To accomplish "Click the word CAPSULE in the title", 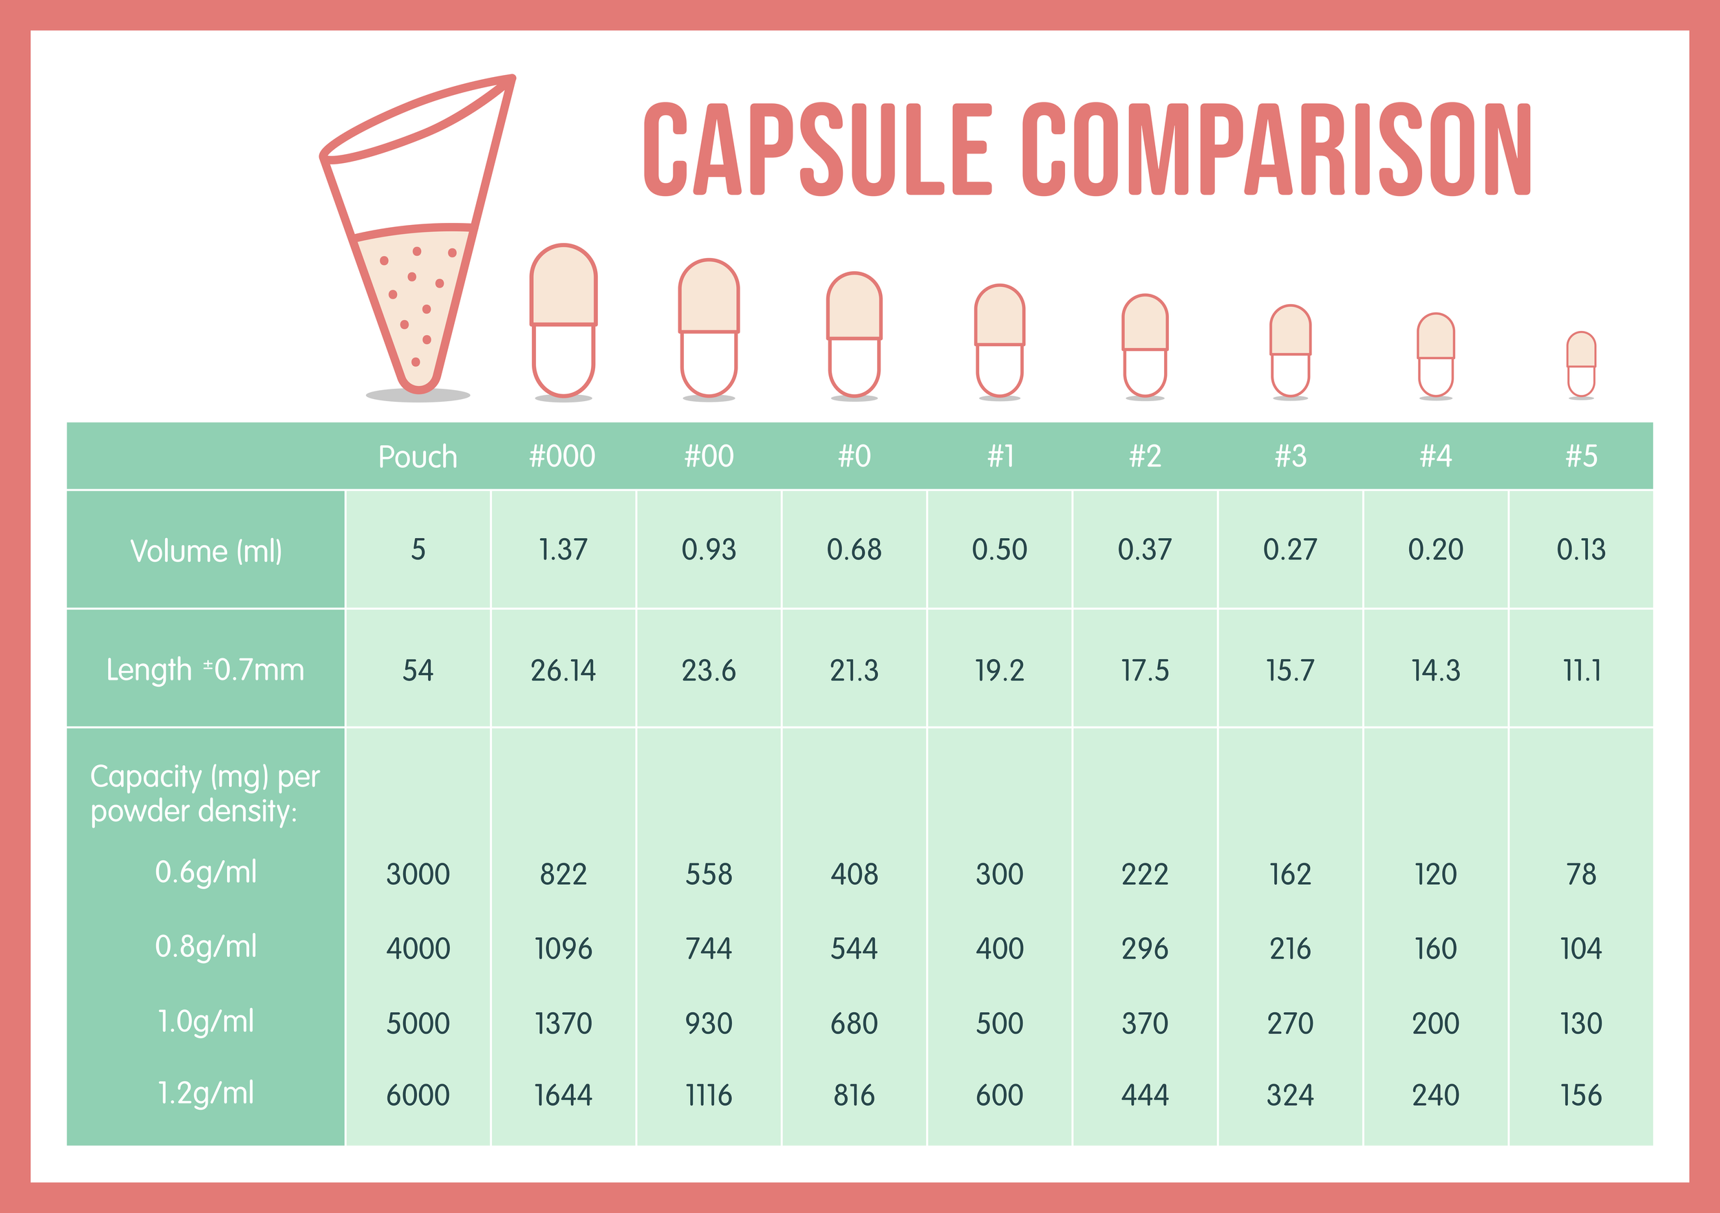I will [817, 149].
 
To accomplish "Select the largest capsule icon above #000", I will [563, 321].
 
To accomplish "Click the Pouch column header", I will [417, 456].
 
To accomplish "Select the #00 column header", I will [709, 455].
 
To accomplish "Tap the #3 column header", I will [1290, 455].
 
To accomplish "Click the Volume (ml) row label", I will [206, 550].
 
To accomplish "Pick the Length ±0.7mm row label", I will [205, 669].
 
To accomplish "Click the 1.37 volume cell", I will [563, 549].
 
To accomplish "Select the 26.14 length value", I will [563, 670].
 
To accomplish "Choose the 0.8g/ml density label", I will [205, 947].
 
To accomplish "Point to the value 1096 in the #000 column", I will [563, 949].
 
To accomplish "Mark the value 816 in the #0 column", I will [854, 1095].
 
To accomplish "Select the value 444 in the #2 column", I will [1145, 1095].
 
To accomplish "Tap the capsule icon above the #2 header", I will [1145, 345].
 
